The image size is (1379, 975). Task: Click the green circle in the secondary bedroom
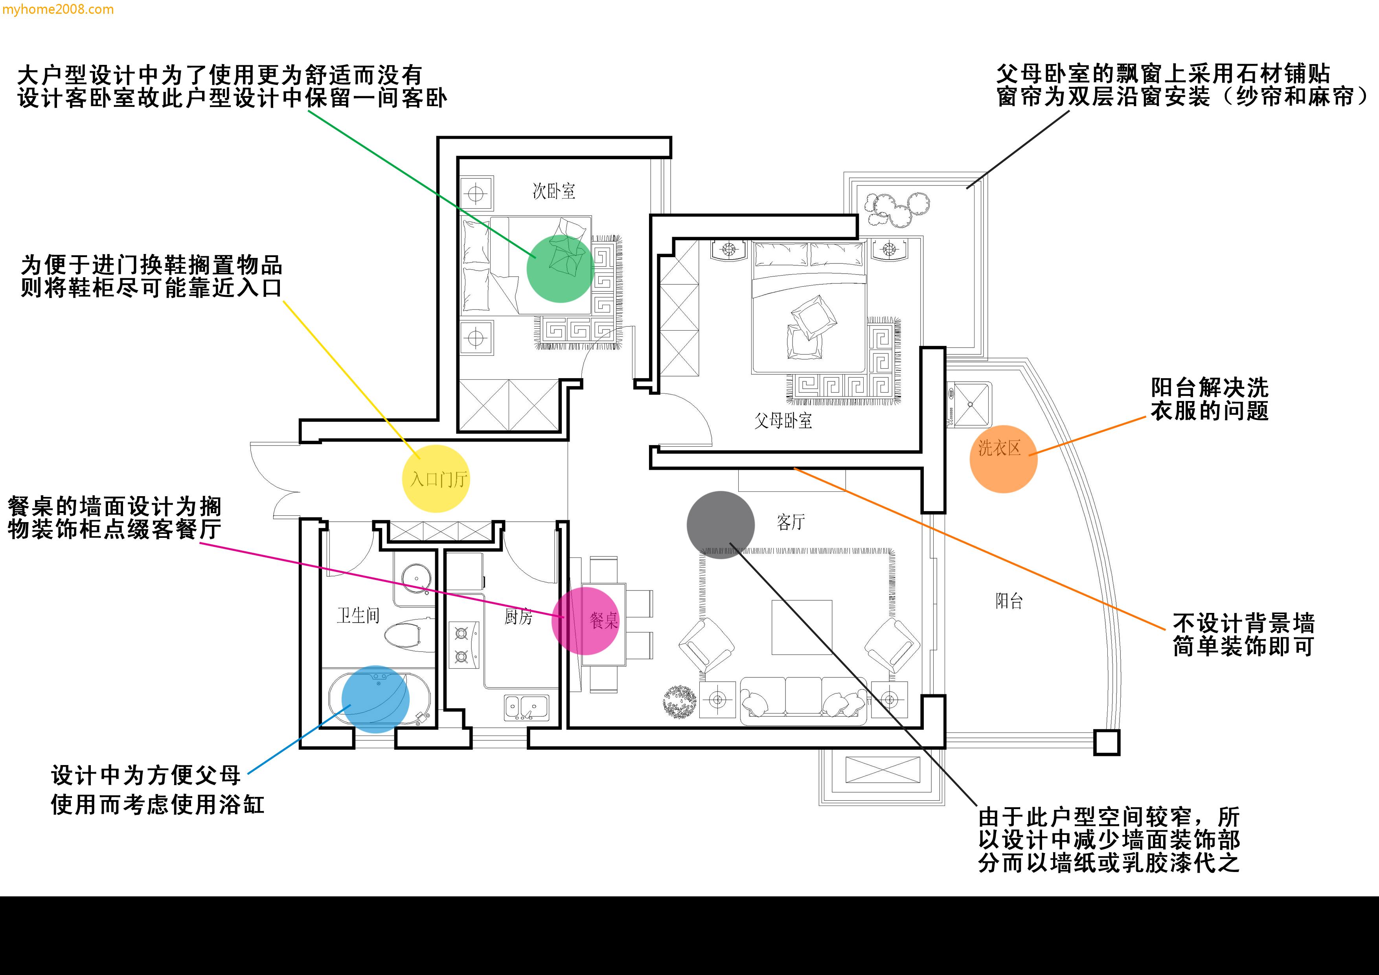[x=560, y=269]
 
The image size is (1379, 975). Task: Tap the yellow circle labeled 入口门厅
[x=436, y=479]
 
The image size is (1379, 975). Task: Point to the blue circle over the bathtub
[x=375, y=699]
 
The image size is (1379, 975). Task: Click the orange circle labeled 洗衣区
[x=1003, y=460]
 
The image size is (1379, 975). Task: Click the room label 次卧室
[x=554, y=191]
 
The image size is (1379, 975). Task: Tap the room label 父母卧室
[x=783, y=421]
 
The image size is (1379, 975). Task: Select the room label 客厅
[x=791, y=522]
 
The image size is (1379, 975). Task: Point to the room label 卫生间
[x=358, y=615]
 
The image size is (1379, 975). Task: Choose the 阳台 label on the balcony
[x=1009, y=601]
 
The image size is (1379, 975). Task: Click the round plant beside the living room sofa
[x=679, y=701]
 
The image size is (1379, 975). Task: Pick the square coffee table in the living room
[x=802, y=627]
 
